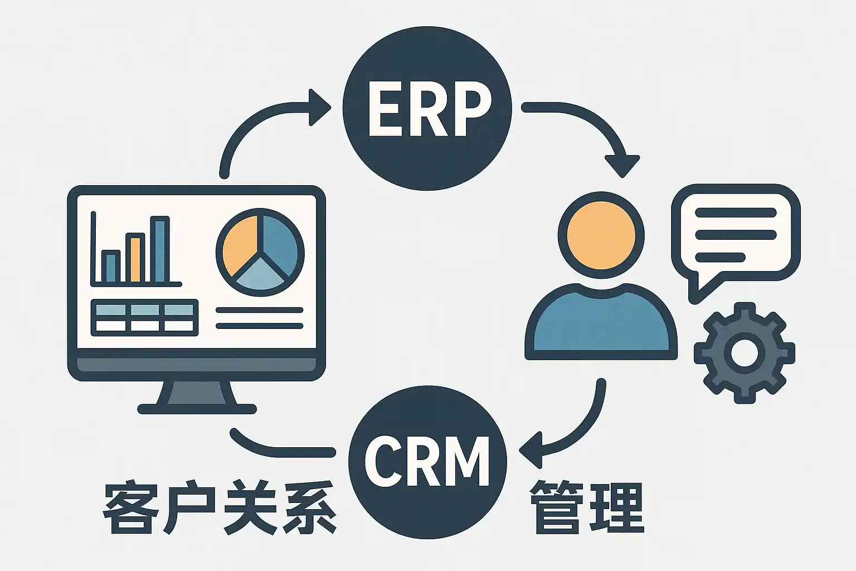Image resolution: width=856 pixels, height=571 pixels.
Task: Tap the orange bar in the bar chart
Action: pos(135,258)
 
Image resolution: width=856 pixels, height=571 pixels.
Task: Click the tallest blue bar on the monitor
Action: pos(160,250)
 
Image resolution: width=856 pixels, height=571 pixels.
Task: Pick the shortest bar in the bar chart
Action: pos(110,267)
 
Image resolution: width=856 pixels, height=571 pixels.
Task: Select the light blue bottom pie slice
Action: pos(260,276)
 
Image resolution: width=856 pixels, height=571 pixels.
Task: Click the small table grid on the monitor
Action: pos(144,317)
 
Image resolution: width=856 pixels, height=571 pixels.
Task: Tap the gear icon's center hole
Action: pos(744,352)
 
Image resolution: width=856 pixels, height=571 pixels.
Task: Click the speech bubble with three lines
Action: pos(736,234)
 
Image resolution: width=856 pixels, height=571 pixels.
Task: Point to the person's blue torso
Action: pos(601,323)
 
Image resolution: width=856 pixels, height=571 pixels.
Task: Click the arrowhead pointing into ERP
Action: pos(320,107)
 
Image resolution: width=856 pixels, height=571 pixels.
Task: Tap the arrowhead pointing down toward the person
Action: pos(622,166)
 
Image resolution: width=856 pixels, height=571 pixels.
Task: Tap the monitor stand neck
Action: pos(197,393)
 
